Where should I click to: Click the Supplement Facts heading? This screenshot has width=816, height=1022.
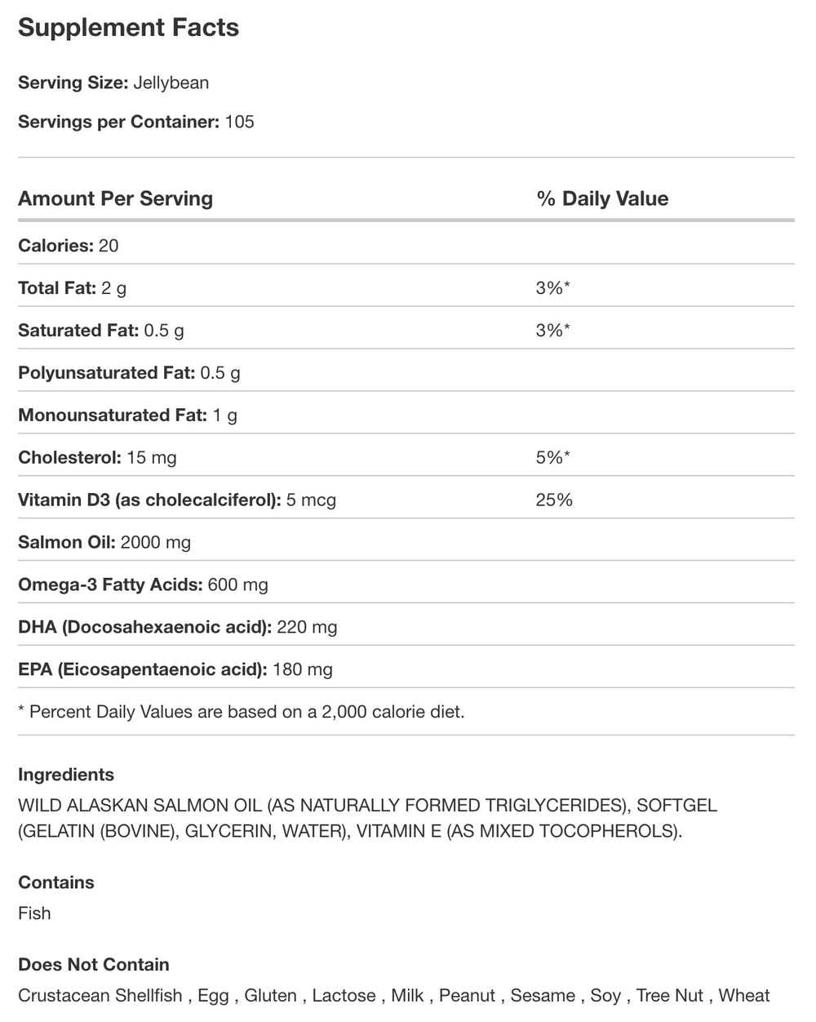tap(128, 28)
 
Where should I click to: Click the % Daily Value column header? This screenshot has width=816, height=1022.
tap(602, 198)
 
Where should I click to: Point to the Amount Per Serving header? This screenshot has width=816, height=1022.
tap(115, 198)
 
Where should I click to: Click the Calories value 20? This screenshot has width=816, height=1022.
tap(109, 246)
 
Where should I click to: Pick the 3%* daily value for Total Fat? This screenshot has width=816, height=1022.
tap(552, 288)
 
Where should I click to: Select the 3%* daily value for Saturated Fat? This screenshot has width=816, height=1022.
tap(552, 331)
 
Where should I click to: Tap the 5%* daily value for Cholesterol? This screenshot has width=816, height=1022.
tap(552, 458)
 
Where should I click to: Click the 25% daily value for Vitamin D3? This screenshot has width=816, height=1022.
tap(554, 500)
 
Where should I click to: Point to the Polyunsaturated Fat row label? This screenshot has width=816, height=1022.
tap(106, 373)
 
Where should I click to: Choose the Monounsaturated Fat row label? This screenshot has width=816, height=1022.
tap(112, 415)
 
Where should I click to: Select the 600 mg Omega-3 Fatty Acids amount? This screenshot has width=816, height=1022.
tap(238, 585)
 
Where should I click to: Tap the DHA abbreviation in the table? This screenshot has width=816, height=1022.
tap(36, 628)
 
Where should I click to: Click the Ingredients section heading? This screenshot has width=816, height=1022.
tap(66, 775)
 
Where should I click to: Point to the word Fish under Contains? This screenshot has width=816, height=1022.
tap(34, 913)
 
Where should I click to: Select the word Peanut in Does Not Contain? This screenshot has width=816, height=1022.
tap(466, 996)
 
